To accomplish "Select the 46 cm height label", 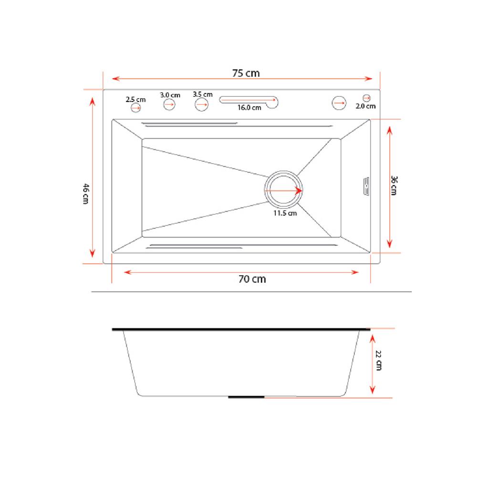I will click(85, 193).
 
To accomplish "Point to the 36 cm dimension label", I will click(394, 186).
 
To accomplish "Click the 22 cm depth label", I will click(379, 361).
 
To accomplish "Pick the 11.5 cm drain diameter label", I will click(285, 213).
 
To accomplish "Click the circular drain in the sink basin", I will click(283, 190).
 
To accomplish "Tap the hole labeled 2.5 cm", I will click(135, 108).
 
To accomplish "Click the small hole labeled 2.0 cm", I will click(366, 98).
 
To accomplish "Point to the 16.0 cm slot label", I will click(249, 108).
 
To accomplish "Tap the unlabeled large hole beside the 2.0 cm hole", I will click(339, 103).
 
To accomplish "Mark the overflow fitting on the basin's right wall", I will click(366, 186).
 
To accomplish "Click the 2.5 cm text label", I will click(135, 100).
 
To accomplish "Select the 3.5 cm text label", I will click(203, 94).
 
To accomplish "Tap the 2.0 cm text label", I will click(366, 106).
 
